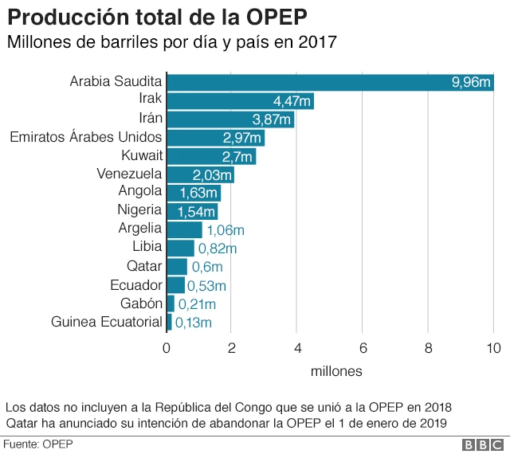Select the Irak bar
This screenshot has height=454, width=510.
click(240, 101)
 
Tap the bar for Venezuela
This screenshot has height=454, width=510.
click(200, 174)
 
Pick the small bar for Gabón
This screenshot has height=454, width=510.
click(171, 303)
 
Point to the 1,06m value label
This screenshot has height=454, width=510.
click(226, 230)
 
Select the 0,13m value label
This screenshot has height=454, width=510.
click(194, 323)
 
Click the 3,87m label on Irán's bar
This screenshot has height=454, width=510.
click(272, 119)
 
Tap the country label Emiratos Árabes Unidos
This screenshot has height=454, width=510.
click(86, 137)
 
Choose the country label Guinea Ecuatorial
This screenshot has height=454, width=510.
click(107, 322)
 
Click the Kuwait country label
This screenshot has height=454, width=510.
click(142, 155)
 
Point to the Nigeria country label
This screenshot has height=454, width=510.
click(139, 210)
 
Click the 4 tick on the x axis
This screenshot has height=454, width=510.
click(297, 347)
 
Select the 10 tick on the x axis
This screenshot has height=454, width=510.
click(493, 347)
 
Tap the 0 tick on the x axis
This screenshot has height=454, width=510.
click(167, 347)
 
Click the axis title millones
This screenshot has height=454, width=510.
click(335, 371)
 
